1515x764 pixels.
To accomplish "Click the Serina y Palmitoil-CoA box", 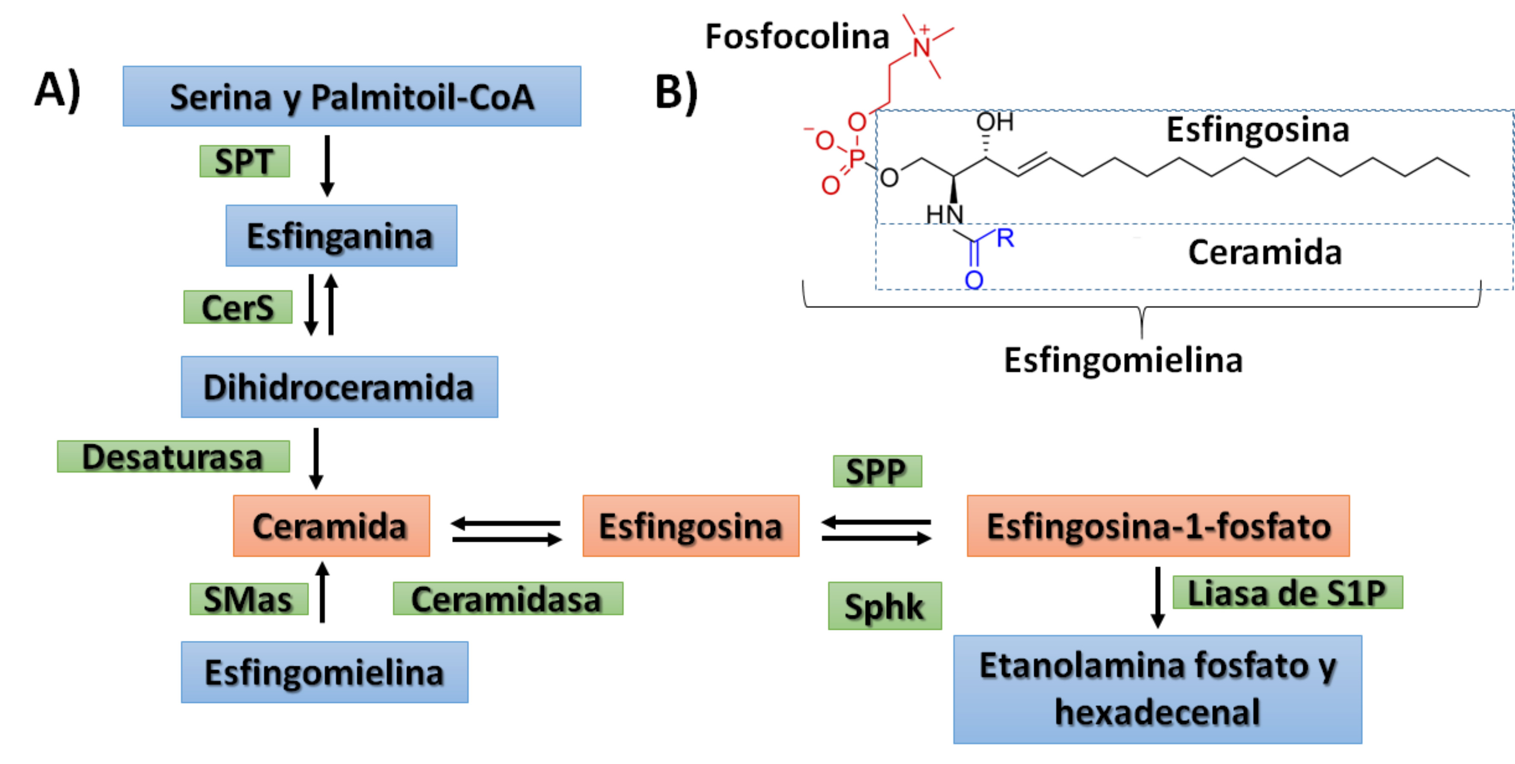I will click(351, 96).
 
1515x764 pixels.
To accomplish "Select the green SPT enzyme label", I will click(245, 161).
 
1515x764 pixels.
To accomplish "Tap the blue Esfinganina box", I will click(341, 236).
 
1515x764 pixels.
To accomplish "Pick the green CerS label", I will click(238, 307).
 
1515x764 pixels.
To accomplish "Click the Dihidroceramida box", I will click(340, 387).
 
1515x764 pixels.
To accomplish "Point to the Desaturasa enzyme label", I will click(173, 456).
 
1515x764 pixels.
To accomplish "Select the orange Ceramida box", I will click(331, 526).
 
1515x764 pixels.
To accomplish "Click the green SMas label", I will click(249, 599).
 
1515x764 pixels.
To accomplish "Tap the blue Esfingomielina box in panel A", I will click(325, 672).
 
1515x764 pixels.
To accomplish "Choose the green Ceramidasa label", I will click(508, 599).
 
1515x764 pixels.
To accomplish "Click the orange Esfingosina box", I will click(691, 526).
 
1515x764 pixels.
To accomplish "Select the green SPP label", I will click(877, 471).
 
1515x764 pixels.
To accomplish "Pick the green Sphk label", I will click(885, 606).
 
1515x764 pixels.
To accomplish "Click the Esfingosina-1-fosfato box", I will click(1158, 526).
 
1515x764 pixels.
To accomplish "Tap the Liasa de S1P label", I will click(1288, 592).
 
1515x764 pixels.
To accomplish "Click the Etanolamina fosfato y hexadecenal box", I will click(1158, 689).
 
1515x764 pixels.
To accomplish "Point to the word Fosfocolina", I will click(797, 36).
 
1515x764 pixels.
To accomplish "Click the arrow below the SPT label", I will click(328, 165).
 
